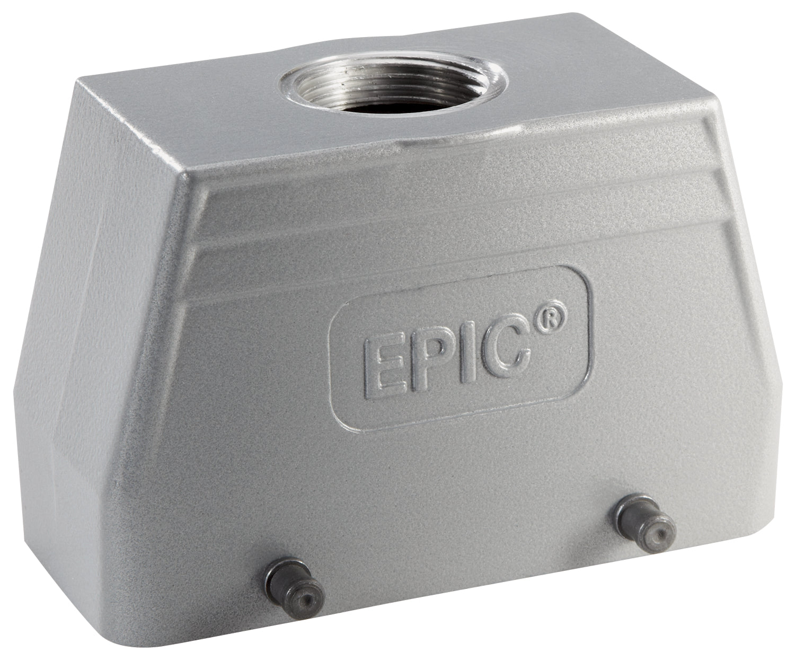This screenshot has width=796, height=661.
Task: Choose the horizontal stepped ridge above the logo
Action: tap(424, 233)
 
